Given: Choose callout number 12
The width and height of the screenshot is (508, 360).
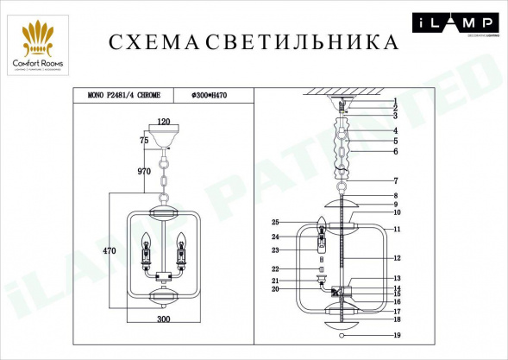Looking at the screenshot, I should point(398,258).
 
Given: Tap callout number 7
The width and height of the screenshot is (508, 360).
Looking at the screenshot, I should point(398,181).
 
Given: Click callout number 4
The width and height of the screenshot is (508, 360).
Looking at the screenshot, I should point(398,130).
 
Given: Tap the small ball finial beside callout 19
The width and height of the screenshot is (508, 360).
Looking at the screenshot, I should point(342,335).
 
